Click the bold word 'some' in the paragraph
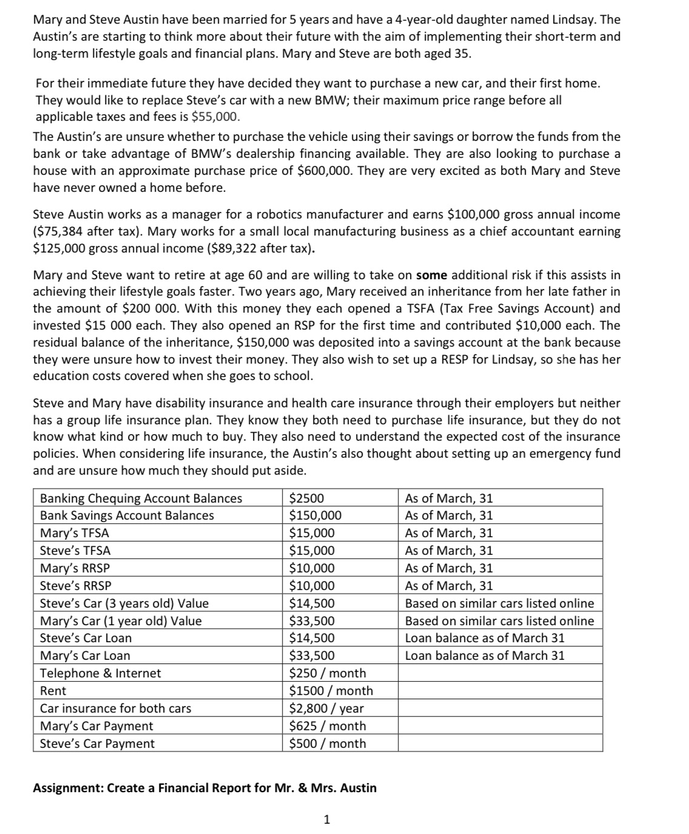(431, 275)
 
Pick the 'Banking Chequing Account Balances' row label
(141, 498)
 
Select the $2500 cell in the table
(306, 498)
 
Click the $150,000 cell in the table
(315, 515)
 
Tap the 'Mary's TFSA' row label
(75, 533)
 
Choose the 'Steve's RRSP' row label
(75, 586)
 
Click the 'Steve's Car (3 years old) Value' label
(124, 603)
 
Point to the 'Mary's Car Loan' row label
(85, 656)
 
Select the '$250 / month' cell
(328, 673)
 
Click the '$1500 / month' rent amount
(331, 691)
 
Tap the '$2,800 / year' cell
(326, 708)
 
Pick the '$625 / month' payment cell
(328, 726)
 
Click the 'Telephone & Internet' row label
(100, 673)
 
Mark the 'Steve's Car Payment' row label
(97, 744)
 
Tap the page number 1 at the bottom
(327, 820)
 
